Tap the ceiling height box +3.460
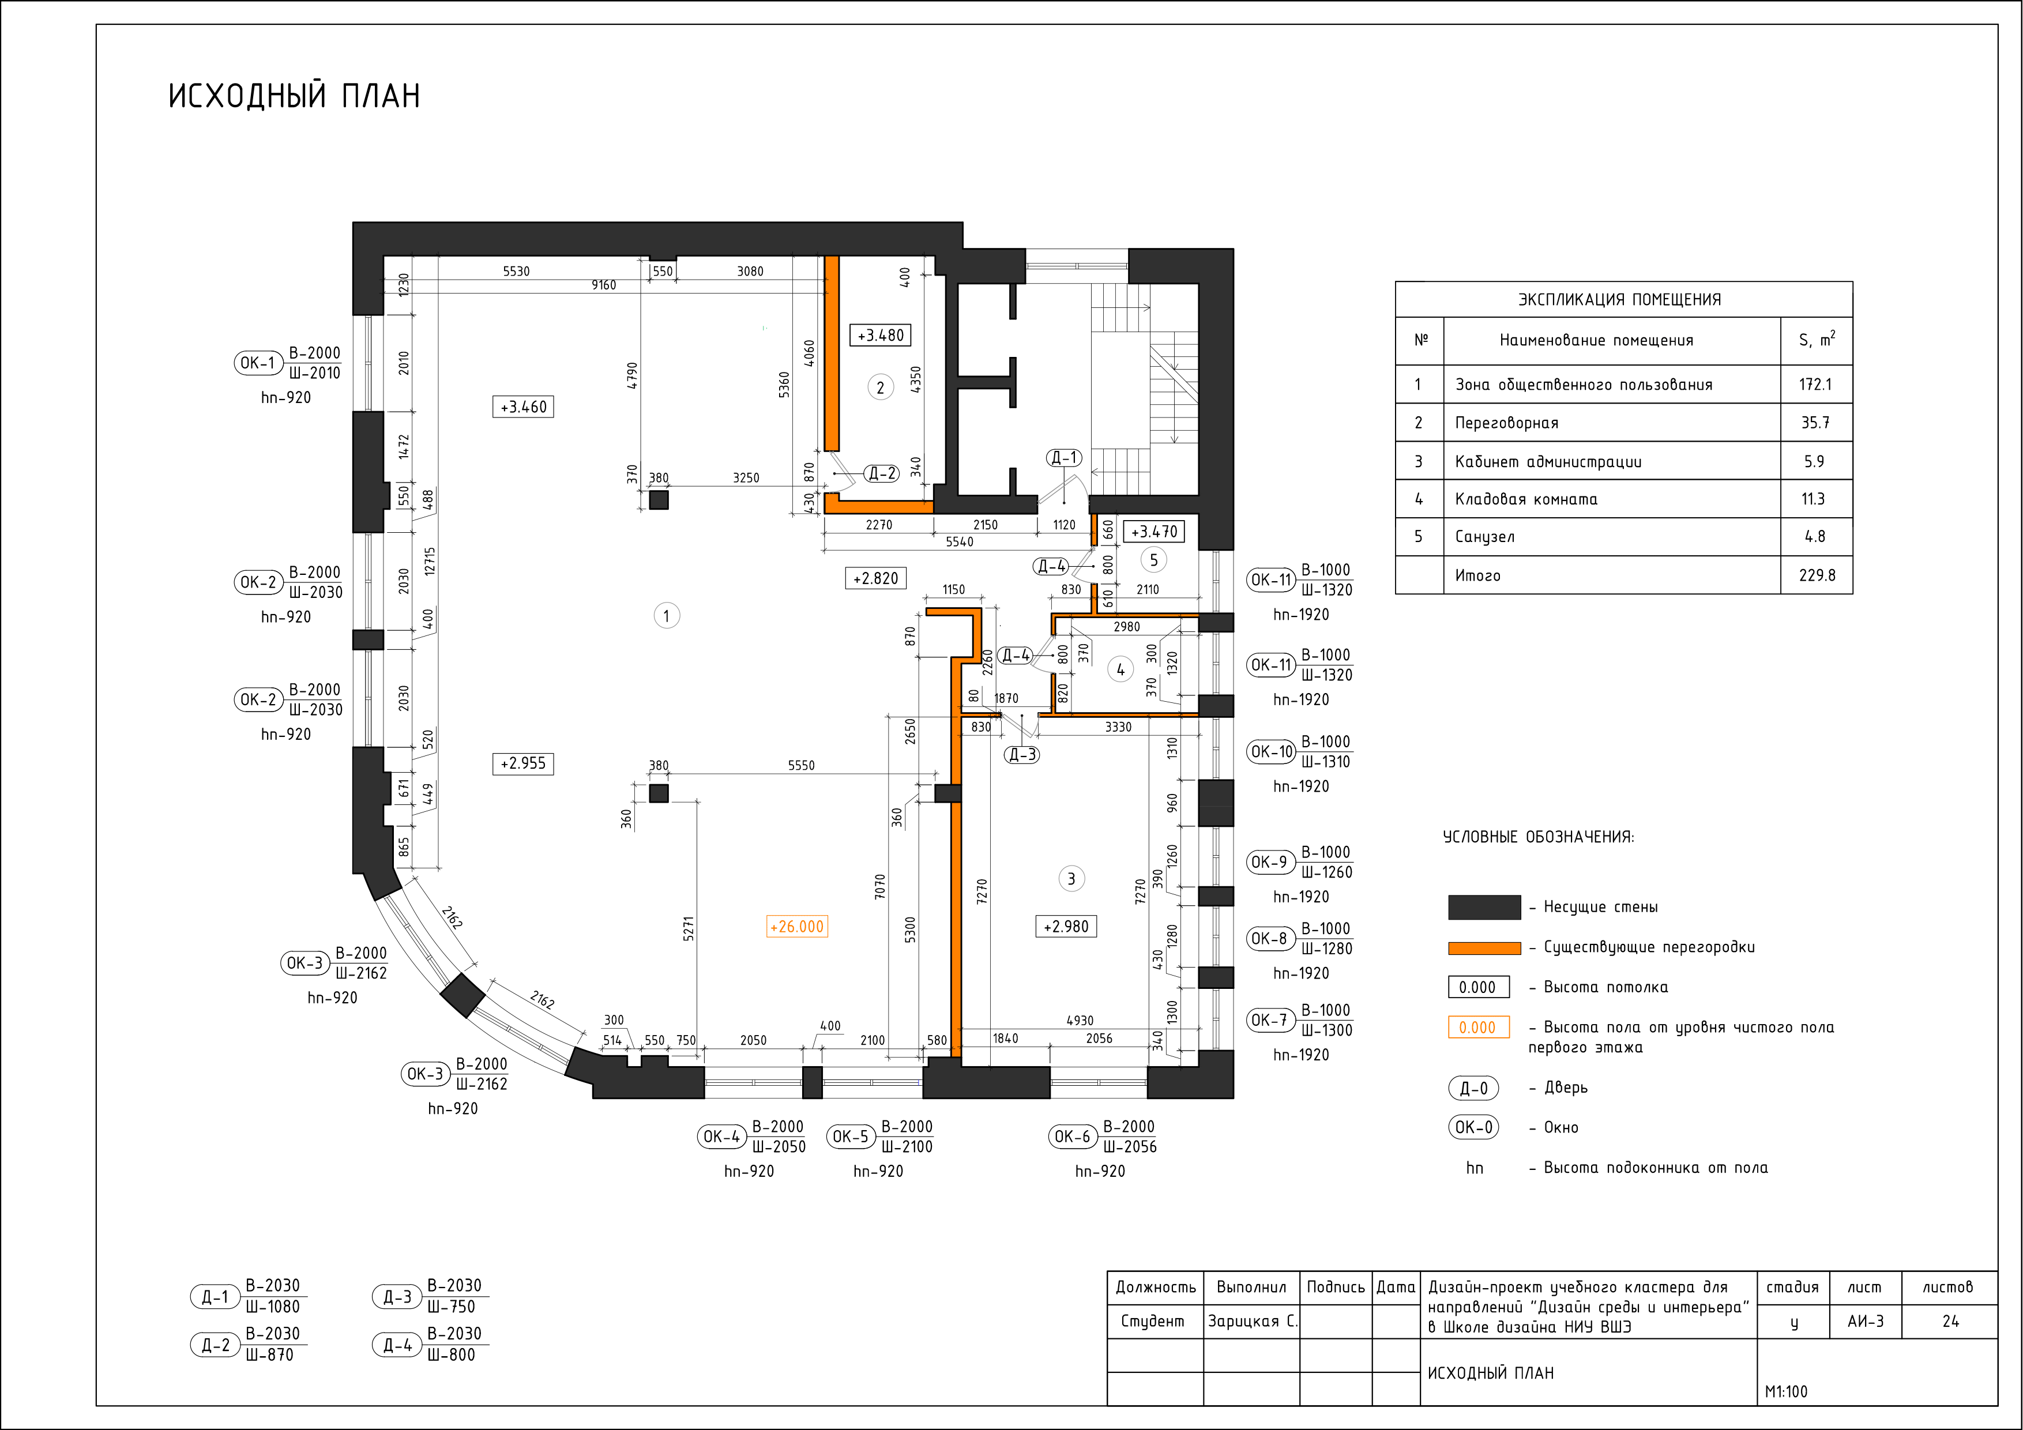point(524,407)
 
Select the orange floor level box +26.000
point(796,927)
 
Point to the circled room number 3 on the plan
point(1071,878)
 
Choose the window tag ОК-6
point(1072,1137)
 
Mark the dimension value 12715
point(429,561)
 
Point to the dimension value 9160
point(604,285)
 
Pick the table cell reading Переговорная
point(1507,423)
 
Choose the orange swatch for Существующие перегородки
point(1484,948)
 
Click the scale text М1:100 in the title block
point(1786,1392)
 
